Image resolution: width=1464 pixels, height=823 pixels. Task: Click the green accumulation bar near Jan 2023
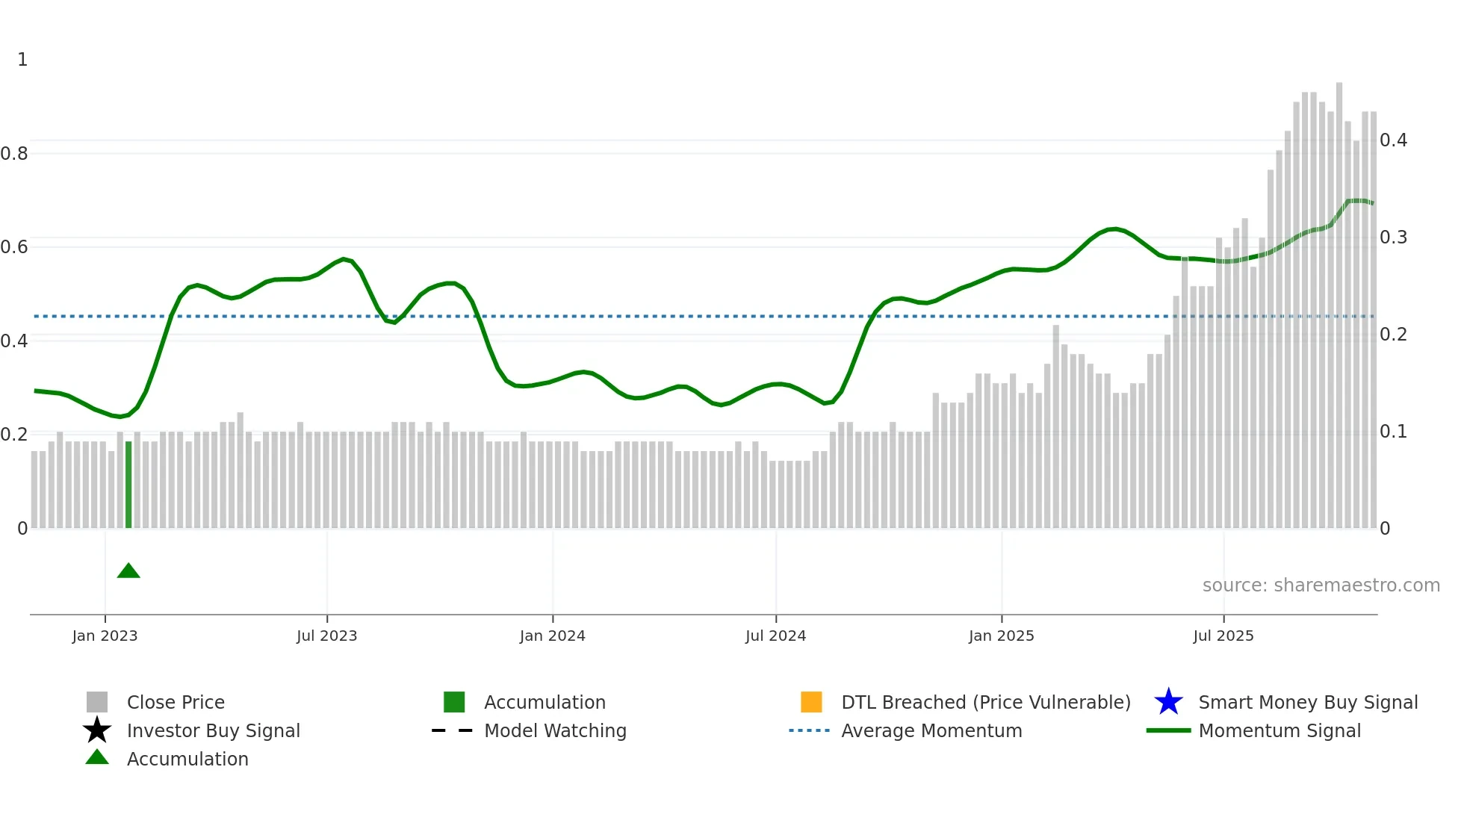click(x=128, y=485)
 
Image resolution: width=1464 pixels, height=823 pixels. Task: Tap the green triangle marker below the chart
click(x=128, y=571)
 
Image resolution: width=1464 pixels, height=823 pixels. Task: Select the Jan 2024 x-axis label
click(x=552, y=636)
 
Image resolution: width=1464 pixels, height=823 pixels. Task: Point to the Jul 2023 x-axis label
click(x=326, y=636)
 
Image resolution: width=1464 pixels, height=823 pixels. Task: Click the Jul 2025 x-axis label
click(x=1223, y=636)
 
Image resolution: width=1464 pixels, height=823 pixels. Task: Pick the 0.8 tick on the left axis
click(x=14, y=154)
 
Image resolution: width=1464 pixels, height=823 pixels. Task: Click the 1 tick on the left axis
click(x=22, y=60)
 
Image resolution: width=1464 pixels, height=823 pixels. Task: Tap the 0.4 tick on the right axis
click(x=1393, y=140)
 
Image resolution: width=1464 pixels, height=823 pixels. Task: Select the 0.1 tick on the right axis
click(x=1393, y=432)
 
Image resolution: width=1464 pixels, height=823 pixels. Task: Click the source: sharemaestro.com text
click(x=1321, y=586)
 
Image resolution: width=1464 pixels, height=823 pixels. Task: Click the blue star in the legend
click(x=1168, y=702)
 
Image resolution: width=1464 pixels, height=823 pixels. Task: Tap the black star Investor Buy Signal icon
click(x=97, y=730)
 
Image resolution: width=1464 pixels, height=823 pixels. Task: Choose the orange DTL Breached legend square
click(x=811, y=702)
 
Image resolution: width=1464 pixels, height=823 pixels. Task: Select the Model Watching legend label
click(x=555, y=730)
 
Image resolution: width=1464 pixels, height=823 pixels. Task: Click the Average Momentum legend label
click(x=931, y=730)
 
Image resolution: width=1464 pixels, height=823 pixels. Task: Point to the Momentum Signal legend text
click(x=1280, y=730)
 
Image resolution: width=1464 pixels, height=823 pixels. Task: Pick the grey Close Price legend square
click(x=97, y=702)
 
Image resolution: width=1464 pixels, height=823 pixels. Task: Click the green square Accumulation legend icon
click(x=454, y=702)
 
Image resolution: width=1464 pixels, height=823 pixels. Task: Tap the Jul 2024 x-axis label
click(x=775, y=636)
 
